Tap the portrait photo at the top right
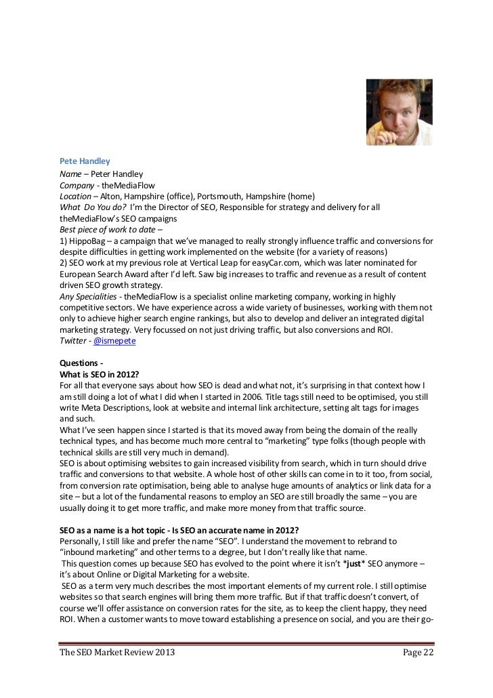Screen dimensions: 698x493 399,112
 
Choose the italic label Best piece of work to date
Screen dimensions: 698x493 102,229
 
